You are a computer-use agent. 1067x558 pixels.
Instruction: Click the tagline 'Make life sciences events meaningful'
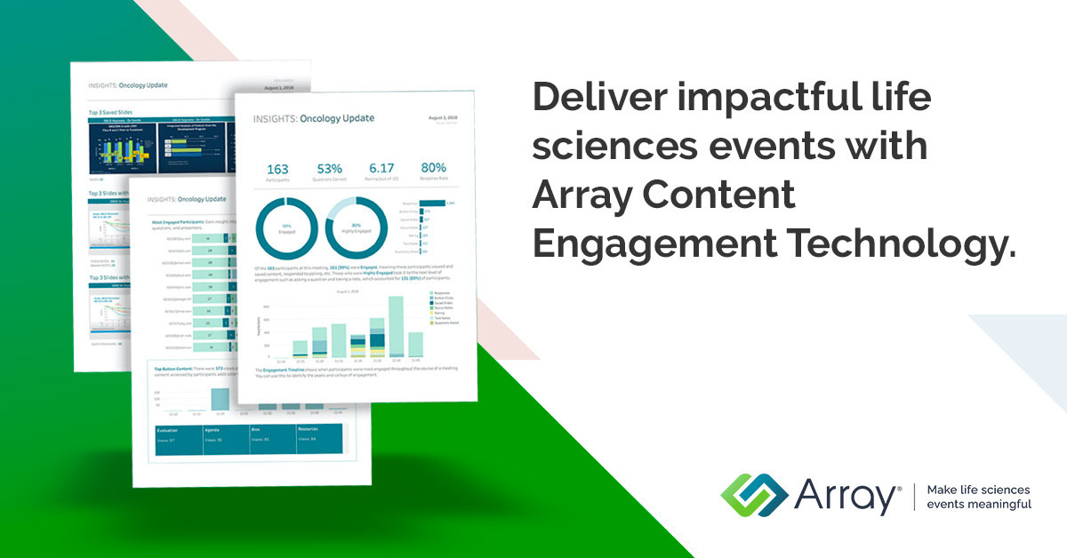tap(978, 497)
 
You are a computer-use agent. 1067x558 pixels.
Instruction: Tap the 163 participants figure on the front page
tap(278, 170)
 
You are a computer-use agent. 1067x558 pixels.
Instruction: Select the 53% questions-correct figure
tap(329, 170)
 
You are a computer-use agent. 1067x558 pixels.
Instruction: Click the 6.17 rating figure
tap(381, 168)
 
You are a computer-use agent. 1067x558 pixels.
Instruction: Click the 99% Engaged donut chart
tap(286, 229)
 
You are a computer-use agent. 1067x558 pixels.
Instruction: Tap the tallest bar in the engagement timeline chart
tap(396, 326)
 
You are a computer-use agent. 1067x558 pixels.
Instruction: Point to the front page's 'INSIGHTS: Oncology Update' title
tap(313, 118)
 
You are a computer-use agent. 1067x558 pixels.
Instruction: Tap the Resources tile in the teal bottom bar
tap(317, 434)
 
